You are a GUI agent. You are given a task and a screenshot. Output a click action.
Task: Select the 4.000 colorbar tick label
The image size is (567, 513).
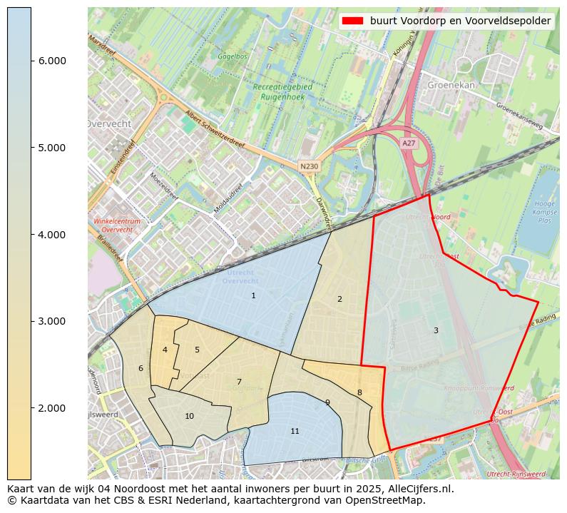pos(51,235)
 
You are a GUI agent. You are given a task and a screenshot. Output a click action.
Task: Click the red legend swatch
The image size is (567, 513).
pos(352,21)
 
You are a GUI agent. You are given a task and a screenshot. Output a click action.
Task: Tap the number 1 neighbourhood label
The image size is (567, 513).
pos(253,295)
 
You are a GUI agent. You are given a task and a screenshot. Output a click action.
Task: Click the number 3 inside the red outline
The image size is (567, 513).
pos(436,330)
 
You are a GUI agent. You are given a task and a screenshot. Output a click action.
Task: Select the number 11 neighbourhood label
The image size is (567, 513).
pos(295,431)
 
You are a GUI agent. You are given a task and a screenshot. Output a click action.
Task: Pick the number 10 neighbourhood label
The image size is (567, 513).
pos(189,416)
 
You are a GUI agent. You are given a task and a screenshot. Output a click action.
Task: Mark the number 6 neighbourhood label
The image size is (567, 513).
pos(141,368)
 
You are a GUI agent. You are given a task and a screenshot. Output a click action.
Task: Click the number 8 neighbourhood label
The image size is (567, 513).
pos(359,392)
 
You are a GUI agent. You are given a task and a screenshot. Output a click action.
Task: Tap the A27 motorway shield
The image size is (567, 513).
pos(408,143)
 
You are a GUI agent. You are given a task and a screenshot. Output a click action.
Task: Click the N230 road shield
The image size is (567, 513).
pos(309,166)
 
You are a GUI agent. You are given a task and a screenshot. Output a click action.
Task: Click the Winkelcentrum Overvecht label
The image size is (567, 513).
pos(117,225)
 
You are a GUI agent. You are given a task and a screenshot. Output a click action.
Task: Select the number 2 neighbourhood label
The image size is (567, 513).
pos(339,299)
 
